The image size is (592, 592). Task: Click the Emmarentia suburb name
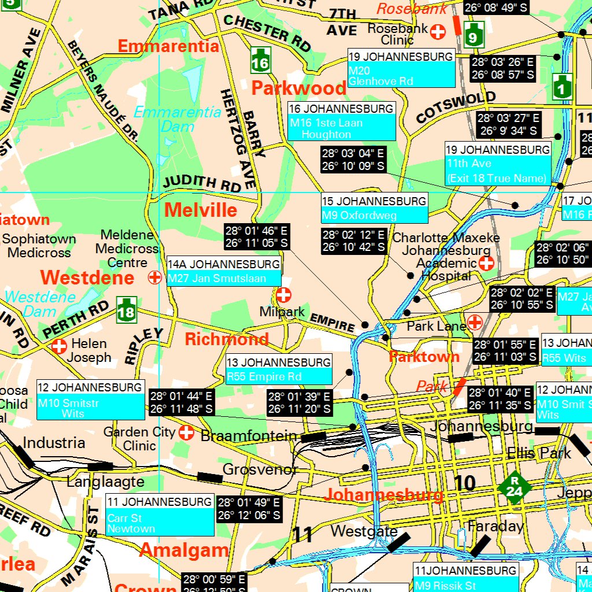coord(168,46)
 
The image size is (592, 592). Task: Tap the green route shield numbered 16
coord(260,60)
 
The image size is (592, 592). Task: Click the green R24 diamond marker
coord(512,486)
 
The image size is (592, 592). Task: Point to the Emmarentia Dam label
coord(177,119)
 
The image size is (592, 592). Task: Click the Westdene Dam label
coord(40,304)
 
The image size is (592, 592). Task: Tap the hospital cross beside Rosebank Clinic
coord(438,32)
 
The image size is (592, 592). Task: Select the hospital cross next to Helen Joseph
coord(59,346)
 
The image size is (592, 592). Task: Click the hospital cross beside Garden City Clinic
coord(186,432)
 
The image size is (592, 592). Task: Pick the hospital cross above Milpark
coord(283,295)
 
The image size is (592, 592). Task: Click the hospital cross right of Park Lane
coord(475,322)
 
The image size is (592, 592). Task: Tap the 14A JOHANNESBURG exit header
coord(224,264)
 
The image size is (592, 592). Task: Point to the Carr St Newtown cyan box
coord(160,523)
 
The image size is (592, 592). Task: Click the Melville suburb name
coord(201,210)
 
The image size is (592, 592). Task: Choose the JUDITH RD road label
coord(202,183)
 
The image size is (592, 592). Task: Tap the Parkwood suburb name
coord(299,88)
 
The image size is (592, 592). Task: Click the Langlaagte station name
coord(105,481)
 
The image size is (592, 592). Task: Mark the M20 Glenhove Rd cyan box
coord(401,75)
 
